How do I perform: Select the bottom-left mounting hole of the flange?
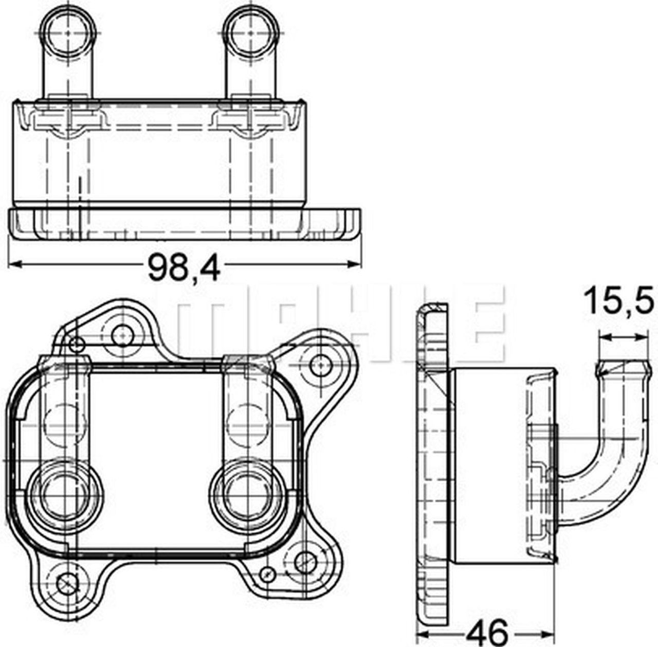(x=66, y=582)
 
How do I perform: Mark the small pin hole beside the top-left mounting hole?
(x=77, y=344)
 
